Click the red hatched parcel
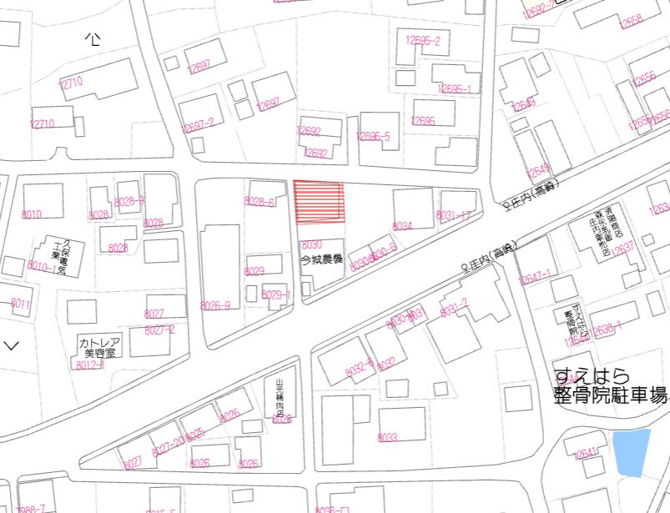[319, 203]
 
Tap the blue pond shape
[631, 451]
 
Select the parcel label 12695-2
[423, 40]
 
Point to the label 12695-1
[456, 88]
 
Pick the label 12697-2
[199, 123]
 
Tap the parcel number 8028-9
[129, 201]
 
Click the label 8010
[32, 214]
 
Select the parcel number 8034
[402, 226]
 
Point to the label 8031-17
[454, 216]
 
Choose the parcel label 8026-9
[215, 306]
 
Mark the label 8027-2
[159, 330]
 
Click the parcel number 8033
[387, 436]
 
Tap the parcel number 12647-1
[535, 277]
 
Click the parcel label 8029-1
[275, 294]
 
